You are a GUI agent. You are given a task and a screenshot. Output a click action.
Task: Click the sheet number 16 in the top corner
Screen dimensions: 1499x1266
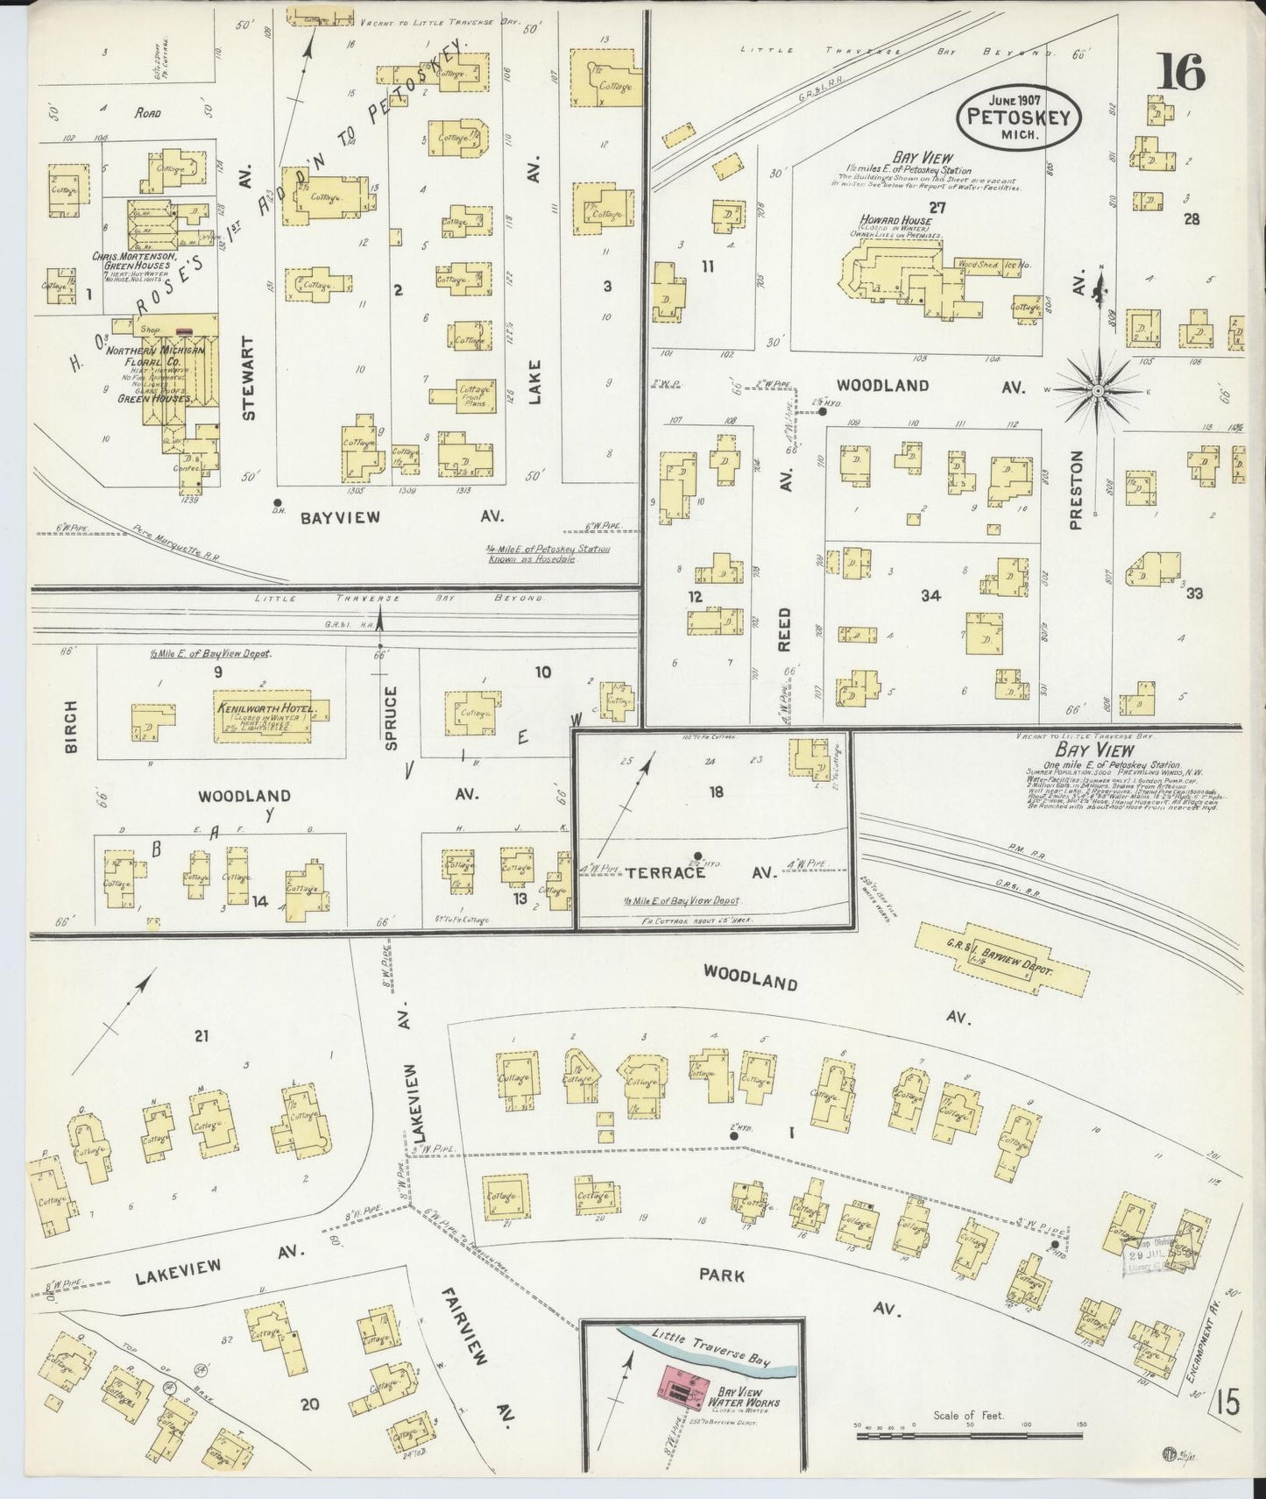click(1181, 72)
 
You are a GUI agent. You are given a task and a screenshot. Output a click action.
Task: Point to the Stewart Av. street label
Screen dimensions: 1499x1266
click(249, 377)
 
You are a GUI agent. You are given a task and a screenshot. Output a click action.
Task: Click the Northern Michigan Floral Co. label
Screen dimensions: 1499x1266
click(154, 356)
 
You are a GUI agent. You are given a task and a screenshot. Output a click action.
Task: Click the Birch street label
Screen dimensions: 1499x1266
click(72, 726)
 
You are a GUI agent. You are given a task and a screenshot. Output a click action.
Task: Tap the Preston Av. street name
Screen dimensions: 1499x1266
click(1076, 491)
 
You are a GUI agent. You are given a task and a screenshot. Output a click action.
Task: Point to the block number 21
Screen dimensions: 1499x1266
click(202, 1036)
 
